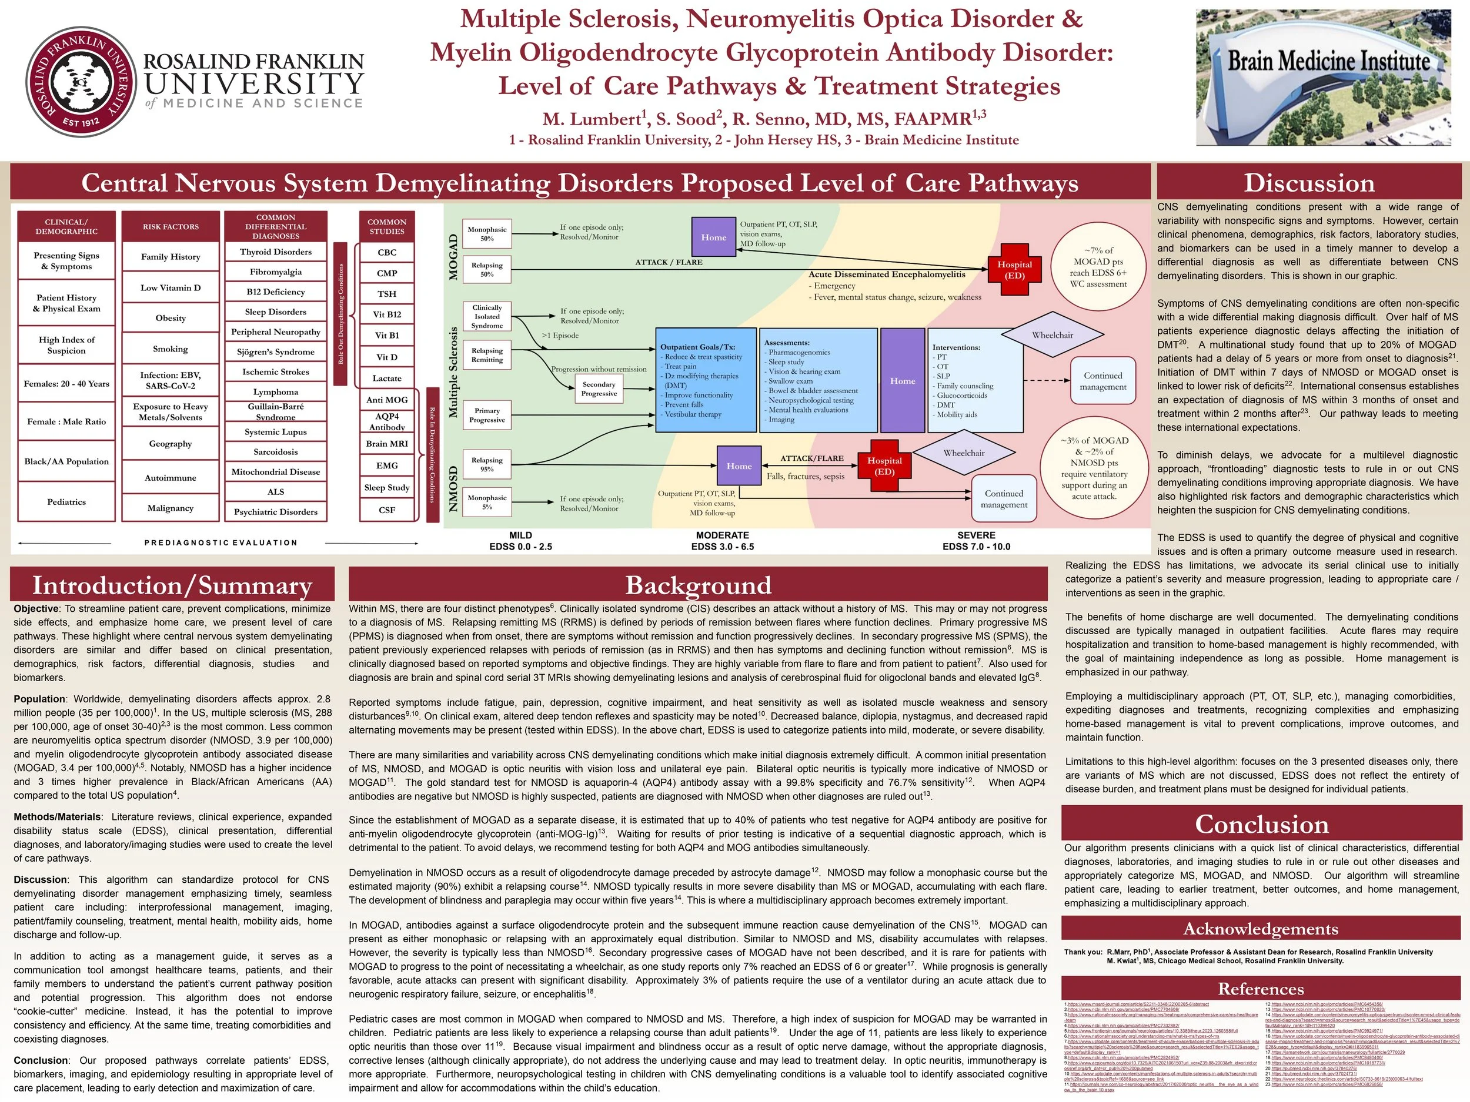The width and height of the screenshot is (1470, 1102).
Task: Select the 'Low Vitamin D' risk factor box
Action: [x=171, y=287]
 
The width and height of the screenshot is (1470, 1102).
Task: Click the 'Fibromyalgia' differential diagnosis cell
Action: [x=276, y=272]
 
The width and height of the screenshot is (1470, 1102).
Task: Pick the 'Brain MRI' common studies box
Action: [x=387, y=444]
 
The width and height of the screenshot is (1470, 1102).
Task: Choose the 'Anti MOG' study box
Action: [x=387, y=400]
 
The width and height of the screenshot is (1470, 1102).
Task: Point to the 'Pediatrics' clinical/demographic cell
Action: [x=66, y=501]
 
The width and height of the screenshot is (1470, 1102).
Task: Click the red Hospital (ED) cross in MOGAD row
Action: [x=1014, y=270]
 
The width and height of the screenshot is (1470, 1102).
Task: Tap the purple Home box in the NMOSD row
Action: [x=739, y=466]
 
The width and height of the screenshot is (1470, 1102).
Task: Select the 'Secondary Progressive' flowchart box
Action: [x=599, y=388]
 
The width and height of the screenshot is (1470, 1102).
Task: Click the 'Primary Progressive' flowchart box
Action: [x=487, y=415]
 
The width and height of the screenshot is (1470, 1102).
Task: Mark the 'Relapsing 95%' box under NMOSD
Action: [x=487, y=464]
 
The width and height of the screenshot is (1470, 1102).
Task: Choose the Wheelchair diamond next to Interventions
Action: [x=1052, y=336]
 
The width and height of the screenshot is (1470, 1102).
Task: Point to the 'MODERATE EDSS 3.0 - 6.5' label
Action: [x=723, y=541]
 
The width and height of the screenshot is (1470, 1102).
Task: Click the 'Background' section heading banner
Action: [x=699, y=585]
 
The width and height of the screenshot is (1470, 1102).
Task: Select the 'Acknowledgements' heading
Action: [x=1261, y=929]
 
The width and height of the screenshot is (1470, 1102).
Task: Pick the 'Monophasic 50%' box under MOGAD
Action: [x=487, y=234]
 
